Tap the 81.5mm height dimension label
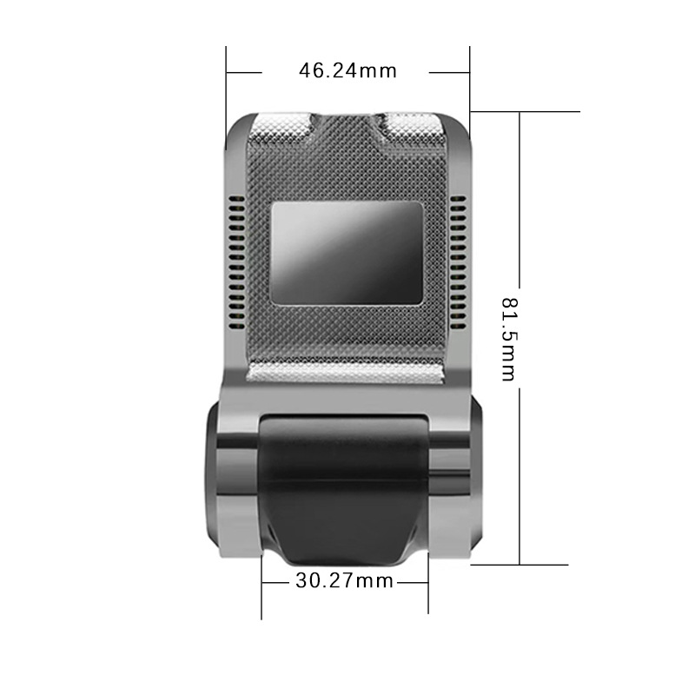pos(509,339)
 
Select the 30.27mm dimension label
pos(344,580)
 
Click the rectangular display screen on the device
pos(345,253)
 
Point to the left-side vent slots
pos(235,265)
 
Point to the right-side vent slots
pos(459,265)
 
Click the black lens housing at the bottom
pos(345,486)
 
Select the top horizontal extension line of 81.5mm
pos(526,111)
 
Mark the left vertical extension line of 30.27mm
pos(262,591)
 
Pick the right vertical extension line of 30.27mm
pos(427,591)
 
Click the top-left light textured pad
pos(280,127)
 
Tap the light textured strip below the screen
pos(345,374)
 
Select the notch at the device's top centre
pos(346,122)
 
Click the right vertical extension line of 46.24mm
pos(470,83)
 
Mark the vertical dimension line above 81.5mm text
pos(520,200)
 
